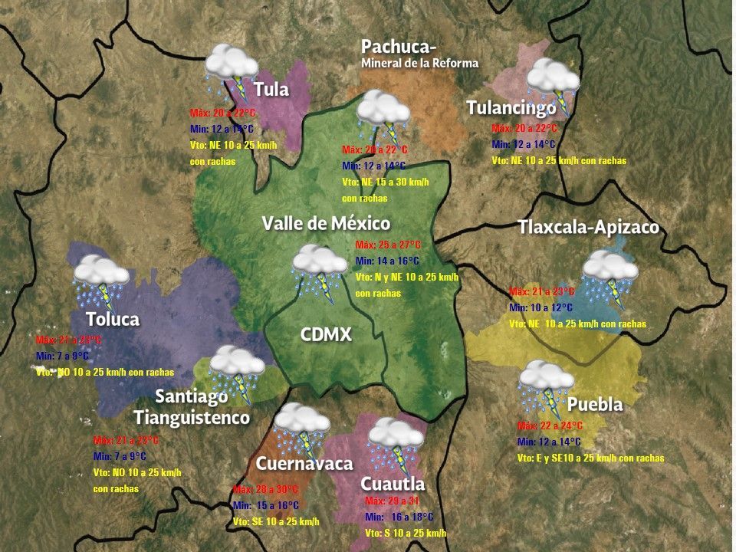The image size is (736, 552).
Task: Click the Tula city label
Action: (x=271, y=90)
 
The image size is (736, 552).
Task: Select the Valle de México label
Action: (x=326, y=223)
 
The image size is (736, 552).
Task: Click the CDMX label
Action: (x=325, y=334)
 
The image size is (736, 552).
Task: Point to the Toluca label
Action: (x=112, y=319)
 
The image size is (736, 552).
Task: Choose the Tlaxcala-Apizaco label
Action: (x=588, y=228)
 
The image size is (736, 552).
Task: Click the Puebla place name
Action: (x=595, y=404)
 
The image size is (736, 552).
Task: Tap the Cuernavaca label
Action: (x=304, y=463)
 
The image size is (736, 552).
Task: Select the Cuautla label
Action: (x=393, y=484)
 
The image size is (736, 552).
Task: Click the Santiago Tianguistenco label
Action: (x=192, y=407)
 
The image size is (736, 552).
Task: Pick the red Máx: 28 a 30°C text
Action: (x=264, y=489)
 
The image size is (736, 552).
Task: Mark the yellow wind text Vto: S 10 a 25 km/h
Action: (x=405, y=533)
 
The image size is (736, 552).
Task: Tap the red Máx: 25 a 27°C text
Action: (x=388, y=245)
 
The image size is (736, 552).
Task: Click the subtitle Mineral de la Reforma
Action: (x=419, y=63)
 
